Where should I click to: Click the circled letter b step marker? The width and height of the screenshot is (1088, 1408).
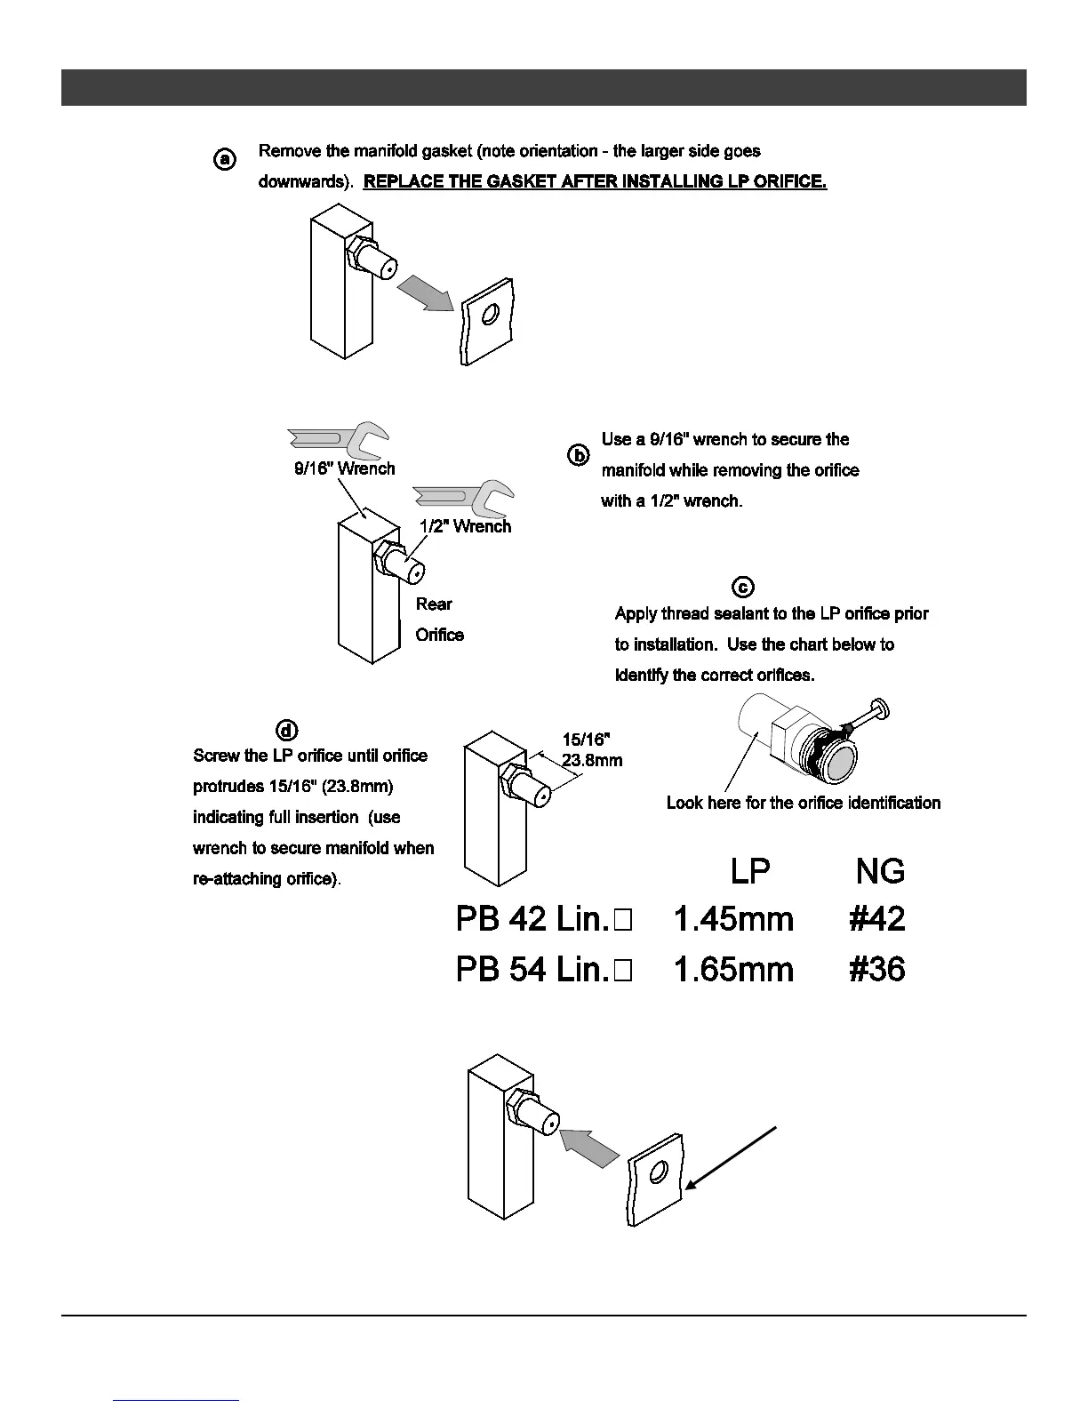tap(578, 456)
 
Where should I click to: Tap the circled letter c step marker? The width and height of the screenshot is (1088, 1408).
tap(742, 588)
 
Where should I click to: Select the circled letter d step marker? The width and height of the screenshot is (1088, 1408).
tap(287, 731)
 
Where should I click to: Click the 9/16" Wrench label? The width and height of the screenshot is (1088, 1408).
tap(345, 468)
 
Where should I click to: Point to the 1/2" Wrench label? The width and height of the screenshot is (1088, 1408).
tap(465, 526)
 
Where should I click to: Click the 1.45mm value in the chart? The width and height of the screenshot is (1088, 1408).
tap(733, 918)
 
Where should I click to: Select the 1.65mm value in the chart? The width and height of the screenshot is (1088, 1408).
tap(733, 968)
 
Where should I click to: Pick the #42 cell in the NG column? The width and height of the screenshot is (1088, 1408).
tap(877, 918)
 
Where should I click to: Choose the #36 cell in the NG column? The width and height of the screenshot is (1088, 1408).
tap(877, 968)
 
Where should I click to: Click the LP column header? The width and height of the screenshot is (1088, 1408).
tap(750, 872)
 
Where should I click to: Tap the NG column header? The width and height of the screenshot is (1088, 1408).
tap(880, 872)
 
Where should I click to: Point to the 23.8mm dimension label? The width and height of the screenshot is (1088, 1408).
tap(592, 761)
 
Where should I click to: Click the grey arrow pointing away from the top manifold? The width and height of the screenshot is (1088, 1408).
tap(425, 293)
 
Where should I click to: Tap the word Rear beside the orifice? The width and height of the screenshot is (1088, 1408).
tap(434, 604)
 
